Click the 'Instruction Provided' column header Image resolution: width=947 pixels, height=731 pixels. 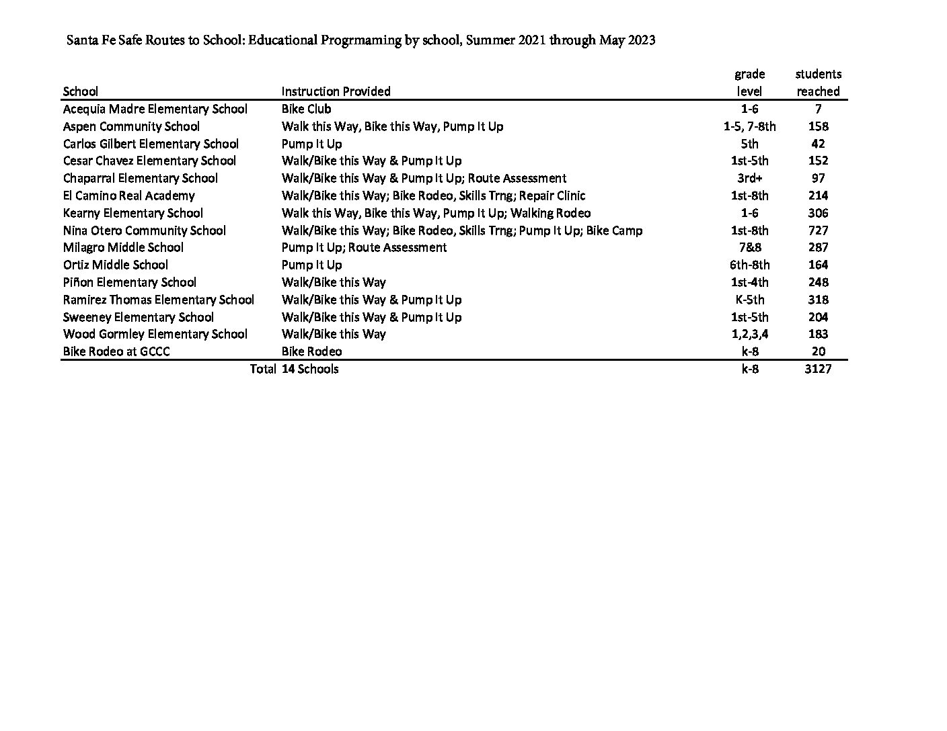coord(336,91)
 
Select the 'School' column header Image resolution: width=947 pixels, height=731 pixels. coord(80,91)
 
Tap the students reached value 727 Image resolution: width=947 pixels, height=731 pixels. coord(818,230)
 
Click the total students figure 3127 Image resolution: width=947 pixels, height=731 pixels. coord(818,369)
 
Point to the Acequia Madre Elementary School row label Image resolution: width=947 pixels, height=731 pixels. coord(155,109)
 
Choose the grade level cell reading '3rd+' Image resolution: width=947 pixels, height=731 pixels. coord(749,178)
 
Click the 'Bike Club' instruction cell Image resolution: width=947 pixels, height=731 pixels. coord(306,109)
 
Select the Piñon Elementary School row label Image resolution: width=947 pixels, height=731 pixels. coord(129,282)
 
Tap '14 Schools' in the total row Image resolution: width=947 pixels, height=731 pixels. coord(310,369)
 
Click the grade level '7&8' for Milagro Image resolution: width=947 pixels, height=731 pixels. coord(749,247)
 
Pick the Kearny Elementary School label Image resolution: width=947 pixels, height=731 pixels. coord(132,213)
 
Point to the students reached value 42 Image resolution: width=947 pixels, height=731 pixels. coord(818,144)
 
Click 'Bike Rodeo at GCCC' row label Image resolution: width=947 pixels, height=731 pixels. coord(116,351)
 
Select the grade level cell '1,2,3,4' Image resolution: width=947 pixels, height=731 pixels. coord(749,334)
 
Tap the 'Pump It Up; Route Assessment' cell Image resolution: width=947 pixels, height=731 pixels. coord(364,247)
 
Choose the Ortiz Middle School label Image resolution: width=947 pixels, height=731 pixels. coord(115,265)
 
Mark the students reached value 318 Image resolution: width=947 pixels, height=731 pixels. coord(818,300)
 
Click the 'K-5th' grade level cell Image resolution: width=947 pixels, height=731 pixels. coord(749,300)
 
